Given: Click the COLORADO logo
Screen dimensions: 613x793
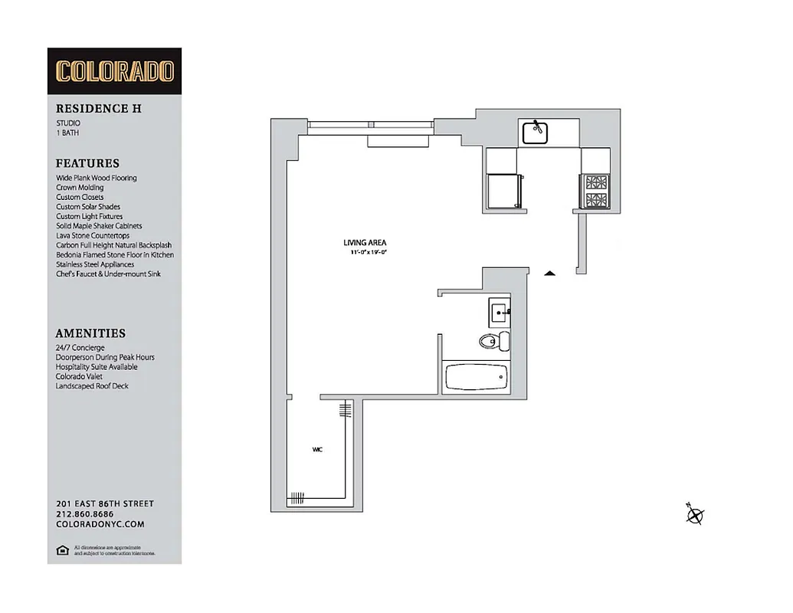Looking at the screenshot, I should (x=114, y=71).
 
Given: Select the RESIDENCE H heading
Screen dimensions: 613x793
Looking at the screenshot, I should (x=98, y=109).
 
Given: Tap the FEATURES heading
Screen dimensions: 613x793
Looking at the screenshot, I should (x=87, y=163).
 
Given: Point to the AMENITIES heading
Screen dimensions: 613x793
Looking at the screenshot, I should (x=90, y=333).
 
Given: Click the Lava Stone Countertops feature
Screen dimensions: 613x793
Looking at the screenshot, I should (x=93, y=235).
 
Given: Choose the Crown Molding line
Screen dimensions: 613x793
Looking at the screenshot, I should (x=80, y=188).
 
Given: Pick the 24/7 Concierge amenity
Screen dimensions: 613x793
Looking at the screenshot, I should (x=80, y=348).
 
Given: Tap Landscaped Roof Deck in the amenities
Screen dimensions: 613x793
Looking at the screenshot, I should (x=92, y=386).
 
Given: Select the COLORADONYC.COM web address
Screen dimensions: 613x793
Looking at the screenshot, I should (x=100, y=524).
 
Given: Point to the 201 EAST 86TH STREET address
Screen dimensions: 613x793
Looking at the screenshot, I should (x=105, y=503).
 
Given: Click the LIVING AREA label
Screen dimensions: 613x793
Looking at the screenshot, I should (x=365, y=242).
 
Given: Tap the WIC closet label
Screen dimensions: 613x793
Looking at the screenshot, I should (x=317, y=450).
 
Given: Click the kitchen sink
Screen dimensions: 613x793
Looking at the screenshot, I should (x=535, y=133).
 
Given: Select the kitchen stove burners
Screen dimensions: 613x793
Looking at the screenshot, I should (x=595, y=192).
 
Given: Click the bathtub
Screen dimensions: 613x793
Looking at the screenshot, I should (x=476, y=377).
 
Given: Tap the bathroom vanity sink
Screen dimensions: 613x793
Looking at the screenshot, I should (x=499, y=312).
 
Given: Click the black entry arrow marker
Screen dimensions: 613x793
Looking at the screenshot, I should (x=549, y=272).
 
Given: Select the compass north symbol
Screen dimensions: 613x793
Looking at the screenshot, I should (x=694, y=515).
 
